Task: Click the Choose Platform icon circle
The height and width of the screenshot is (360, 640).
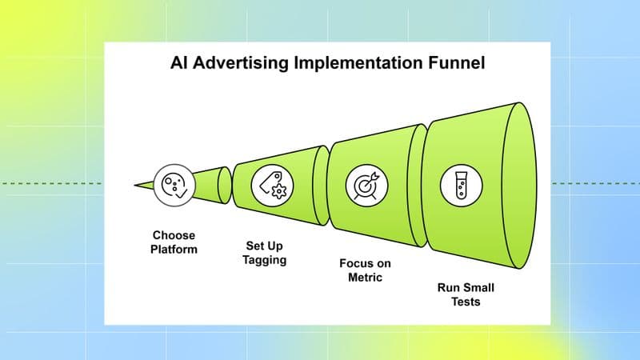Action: point(171,185)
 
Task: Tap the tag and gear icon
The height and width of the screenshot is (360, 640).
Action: point(270,185)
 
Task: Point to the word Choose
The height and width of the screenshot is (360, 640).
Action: point(174,235)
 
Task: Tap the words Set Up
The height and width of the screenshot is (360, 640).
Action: point(265,246)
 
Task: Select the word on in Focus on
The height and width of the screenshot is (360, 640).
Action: point(378,262)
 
